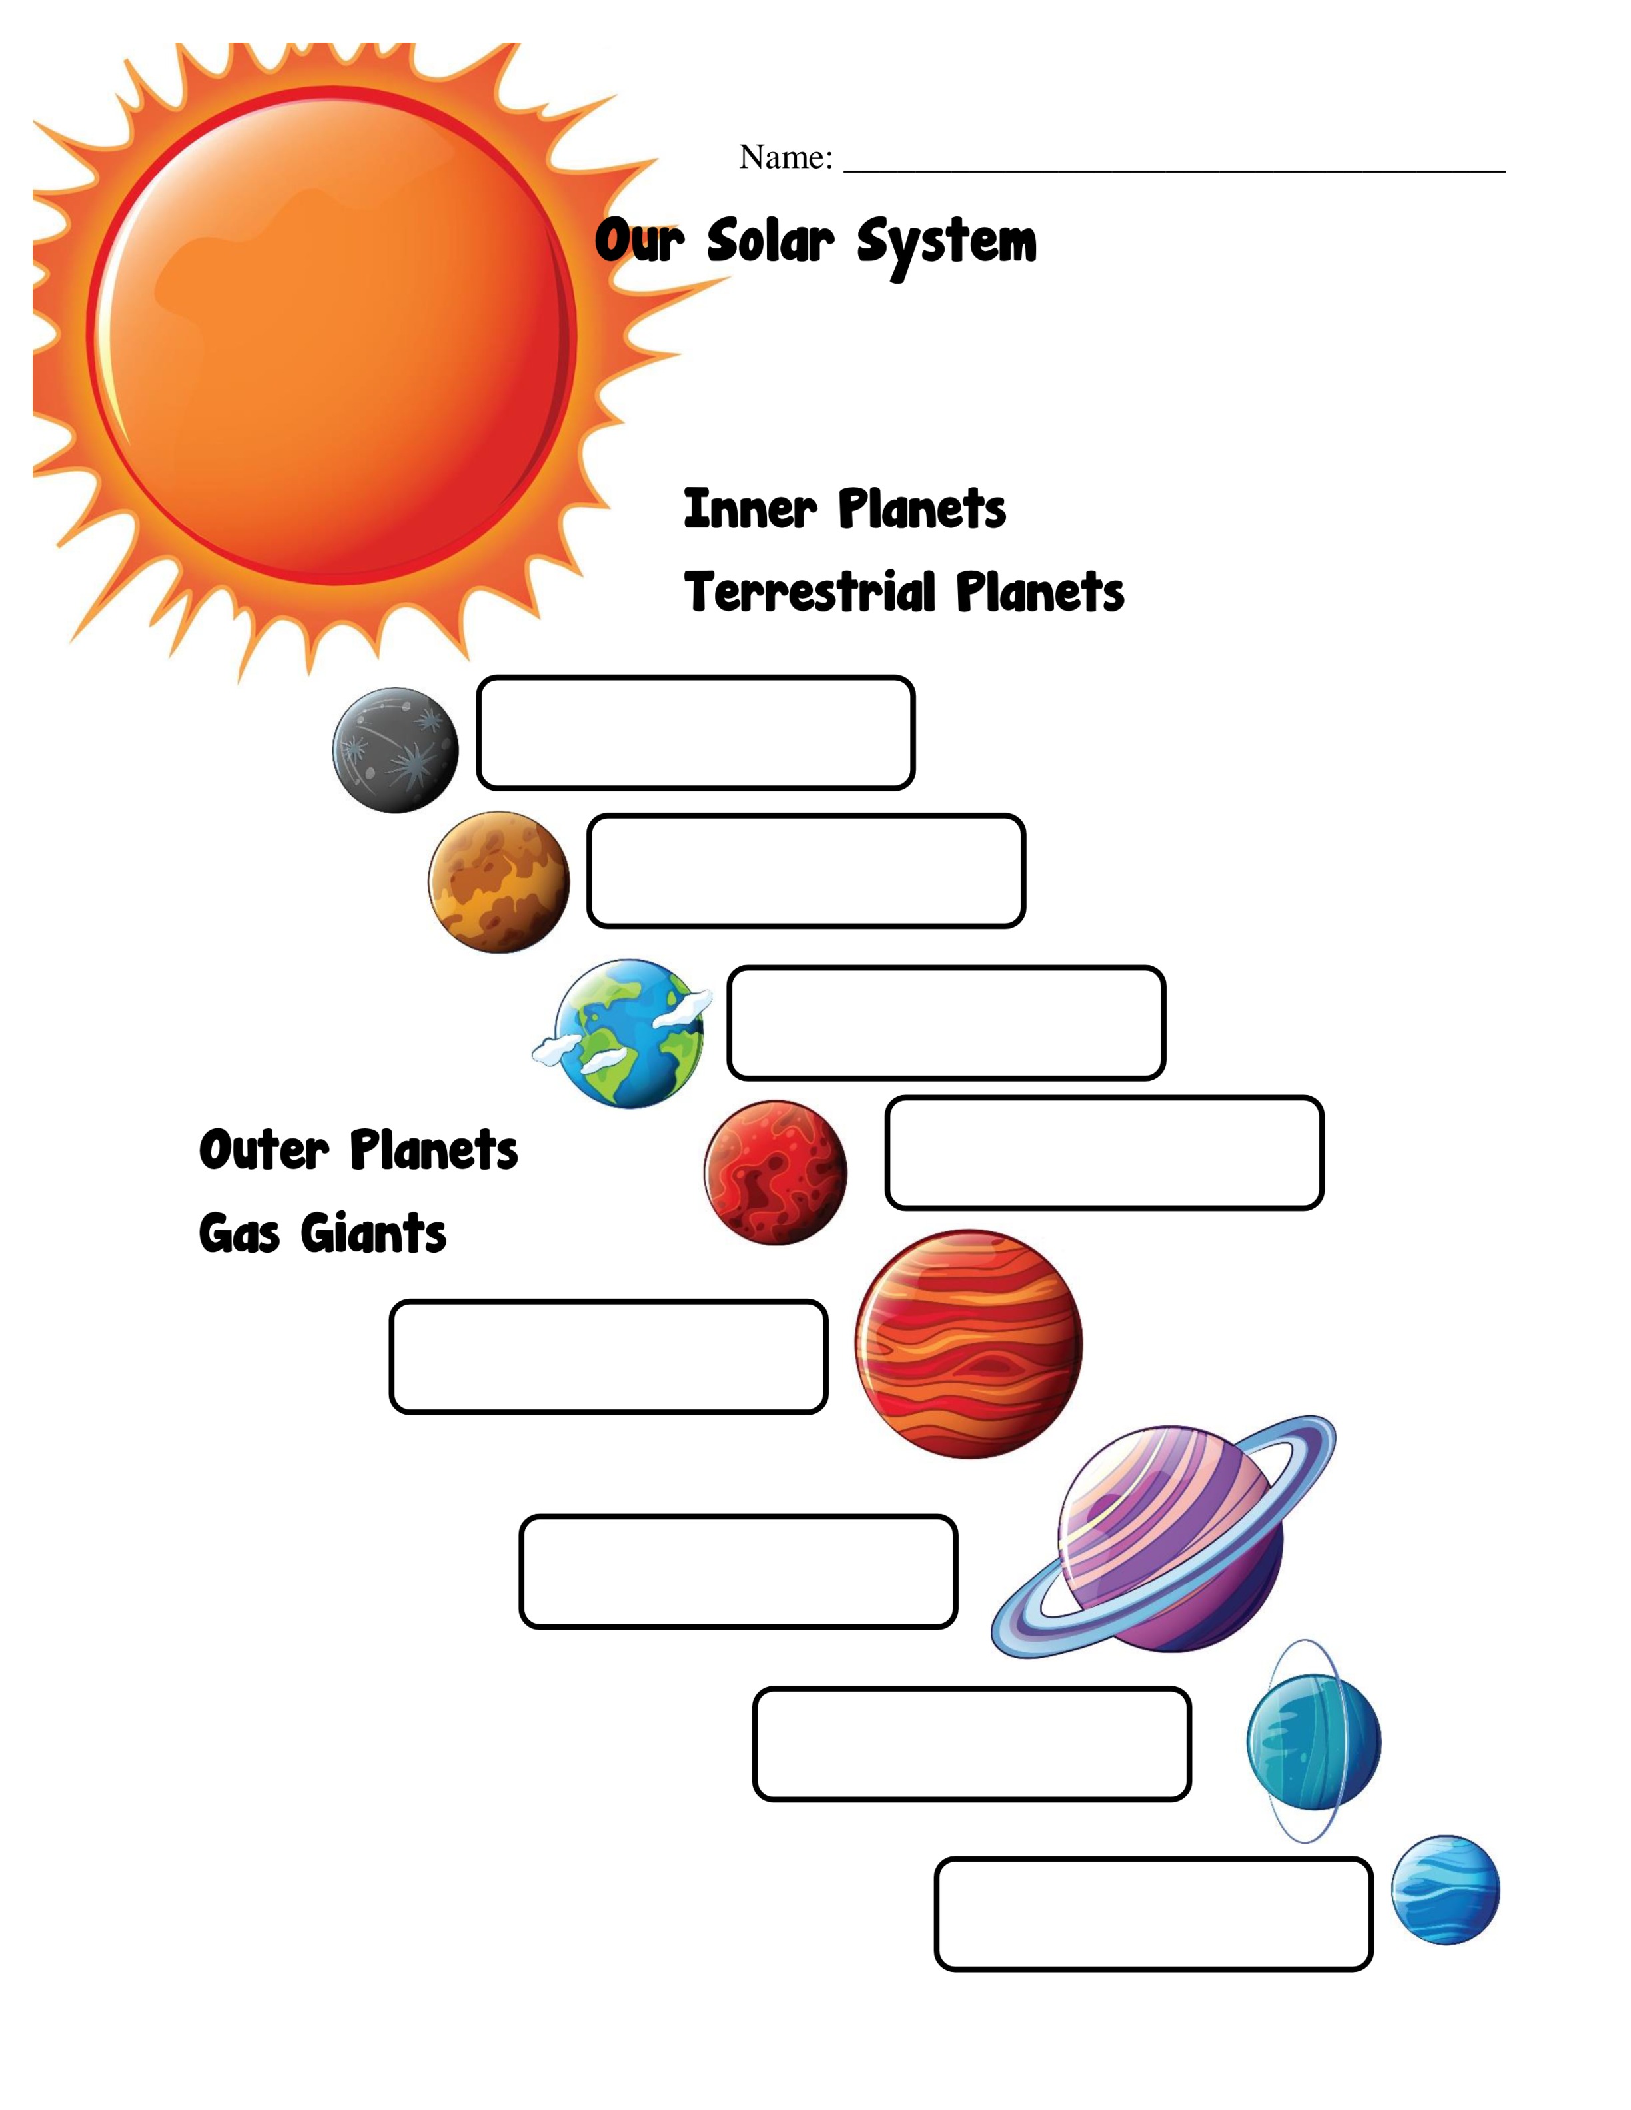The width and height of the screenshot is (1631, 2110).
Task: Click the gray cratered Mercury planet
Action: tap(395, 750)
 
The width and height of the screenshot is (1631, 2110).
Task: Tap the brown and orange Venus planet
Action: tap(498, 882)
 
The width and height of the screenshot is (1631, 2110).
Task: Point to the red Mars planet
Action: tap(775, 1173)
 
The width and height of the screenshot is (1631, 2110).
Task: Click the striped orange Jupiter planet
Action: tap(968, 1344)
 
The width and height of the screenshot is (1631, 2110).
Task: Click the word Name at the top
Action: tap(786, 157)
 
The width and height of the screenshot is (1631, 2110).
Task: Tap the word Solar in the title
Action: tap(770, 242)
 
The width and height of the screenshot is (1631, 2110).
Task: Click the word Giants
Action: tap(373, 1233)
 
